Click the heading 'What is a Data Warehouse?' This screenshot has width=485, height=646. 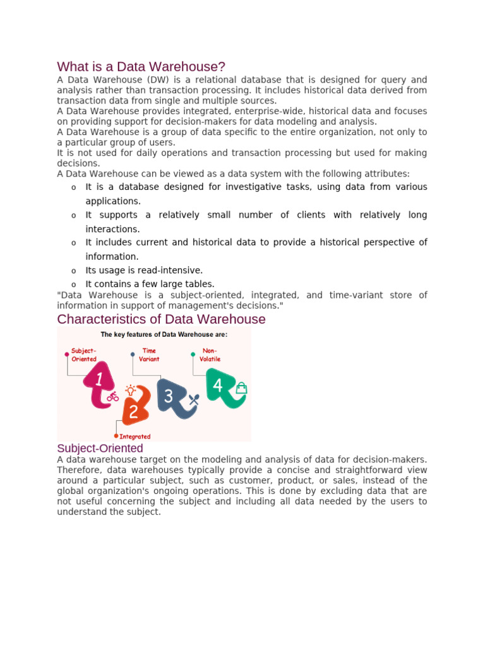[x=141, y=67]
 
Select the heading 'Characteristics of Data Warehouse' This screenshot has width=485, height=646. [x=161, y=319]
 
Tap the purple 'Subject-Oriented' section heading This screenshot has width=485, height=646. [x=100, y=448]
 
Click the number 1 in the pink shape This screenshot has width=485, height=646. [x=99, y=380]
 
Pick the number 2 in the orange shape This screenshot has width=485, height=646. [x=133, y=412]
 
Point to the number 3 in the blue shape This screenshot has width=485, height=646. [x=169, y=396]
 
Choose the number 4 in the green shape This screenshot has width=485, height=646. [x=218, y=385]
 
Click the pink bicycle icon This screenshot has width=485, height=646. [x=113, y=397]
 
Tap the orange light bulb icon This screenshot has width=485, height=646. [x=131, y=390]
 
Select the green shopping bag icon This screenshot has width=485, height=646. [x=241, y=389]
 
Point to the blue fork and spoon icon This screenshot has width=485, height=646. [x=194, y=399]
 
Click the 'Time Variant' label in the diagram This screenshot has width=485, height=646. [x=150, y=355]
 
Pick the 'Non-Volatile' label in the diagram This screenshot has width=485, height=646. [x=210, y=355]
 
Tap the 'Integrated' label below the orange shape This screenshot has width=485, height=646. [x=135, y=436]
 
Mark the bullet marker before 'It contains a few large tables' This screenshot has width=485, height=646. [x=73, y=285]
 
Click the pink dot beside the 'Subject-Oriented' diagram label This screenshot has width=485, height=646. [x=66, y=355]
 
